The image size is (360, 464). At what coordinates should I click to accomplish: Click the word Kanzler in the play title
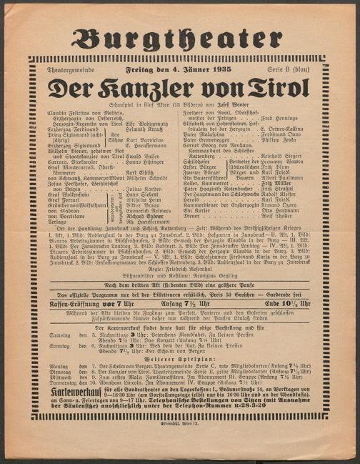163,87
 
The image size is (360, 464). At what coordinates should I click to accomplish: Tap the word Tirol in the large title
275,87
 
